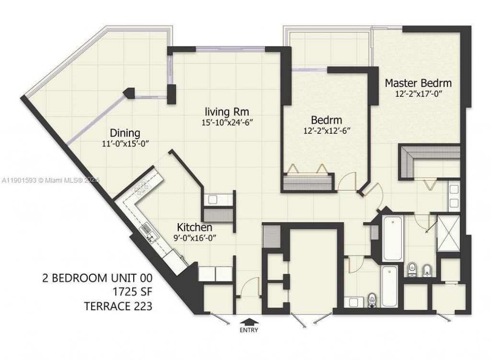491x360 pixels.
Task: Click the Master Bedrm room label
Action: [418, 83]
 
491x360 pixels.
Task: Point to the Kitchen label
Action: [194, 227]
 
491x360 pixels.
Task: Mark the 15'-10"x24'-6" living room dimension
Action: [227, 122]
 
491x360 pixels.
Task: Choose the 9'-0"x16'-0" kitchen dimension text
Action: [198, 237]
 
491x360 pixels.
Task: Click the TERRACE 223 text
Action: [118, 306]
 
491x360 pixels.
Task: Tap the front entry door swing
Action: [248, 290]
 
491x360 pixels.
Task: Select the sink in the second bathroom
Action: [353, 302]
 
